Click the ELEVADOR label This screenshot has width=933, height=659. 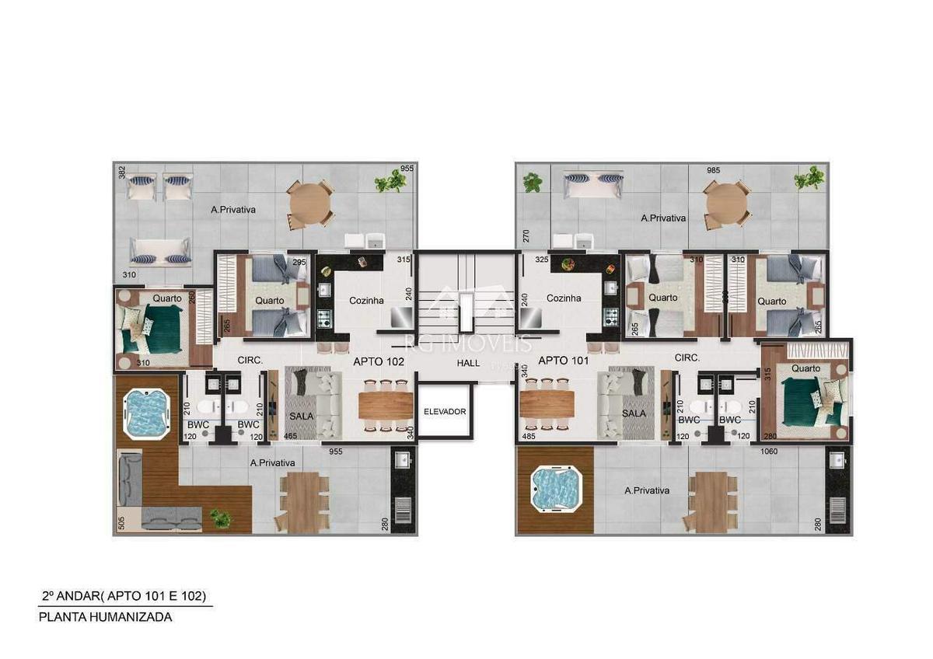[444, 411]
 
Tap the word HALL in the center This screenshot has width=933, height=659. [468, 362]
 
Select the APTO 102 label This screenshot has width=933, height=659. [379, 361]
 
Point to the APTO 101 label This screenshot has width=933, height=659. [563, 361]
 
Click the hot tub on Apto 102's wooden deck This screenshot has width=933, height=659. [146, 413]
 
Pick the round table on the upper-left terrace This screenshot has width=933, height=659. [310, 204]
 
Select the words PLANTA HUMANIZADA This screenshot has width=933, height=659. [106, 617]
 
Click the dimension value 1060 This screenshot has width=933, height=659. [769, 451]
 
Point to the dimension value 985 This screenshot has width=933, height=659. [714, 170]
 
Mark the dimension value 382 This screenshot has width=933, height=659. [121, 173]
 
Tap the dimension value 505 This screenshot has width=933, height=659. [121, 523]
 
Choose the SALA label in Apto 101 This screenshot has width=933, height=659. [634, 414]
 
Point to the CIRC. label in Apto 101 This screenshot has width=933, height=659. [687, 358]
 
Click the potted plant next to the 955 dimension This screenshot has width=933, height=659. [390, 182]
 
